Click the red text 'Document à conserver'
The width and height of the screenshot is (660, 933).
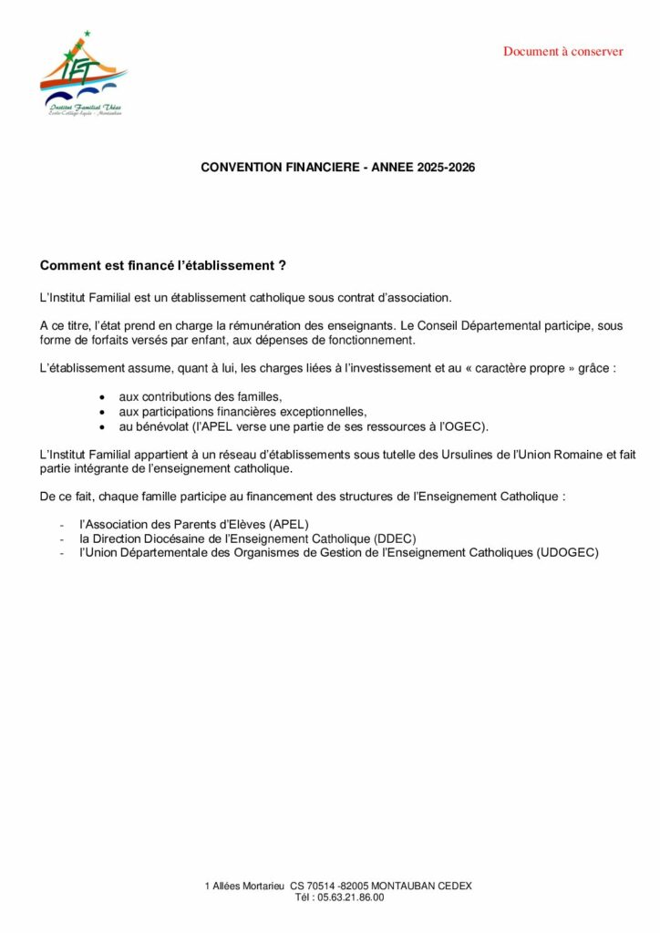(563, 51)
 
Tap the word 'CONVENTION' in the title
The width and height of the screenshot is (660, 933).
(240, 168)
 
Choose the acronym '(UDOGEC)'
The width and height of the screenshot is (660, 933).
(567, 552)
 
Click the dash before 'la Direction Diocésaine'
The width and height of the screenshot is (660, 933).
(61, 538)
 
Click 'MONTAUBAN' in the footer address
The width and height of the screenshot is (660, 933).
(399, 886)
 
